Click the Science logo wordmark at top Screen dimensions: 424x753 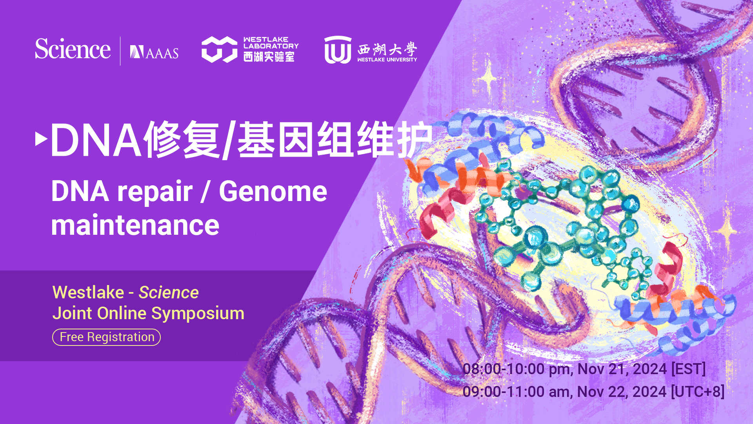pos(73,49)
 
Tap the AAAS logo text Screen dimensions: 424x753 pos(155,52)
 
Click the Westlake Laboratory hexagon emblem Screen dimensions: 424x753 pos(219,49)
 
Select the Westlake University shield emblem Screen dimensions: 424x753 pos(338,50)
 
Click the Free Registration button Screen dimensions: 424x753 pos(106,337)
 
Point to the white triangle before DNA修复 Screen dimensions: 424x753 pos(41,139)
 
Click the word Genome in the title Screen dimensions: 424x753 pos(273,192)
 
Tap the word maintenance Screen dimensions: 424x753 pos(135,225)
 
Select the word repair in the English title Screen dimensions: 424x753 pos(155,192)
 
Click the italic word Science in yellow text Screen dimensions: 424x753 pos(169,292)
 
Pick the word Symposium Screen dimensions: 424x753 pos(198,313)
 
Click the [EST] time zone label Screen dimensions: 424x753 pos(688,369)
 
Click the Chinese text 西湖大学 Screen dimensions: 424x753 pos(387,49)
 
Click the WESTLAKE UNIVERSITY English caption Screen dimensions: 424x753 pos(387,60)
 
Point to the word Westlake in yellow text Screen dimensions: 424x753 pos(88,292)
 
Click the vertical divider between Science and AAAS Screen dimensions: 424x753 pos(120,51)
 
